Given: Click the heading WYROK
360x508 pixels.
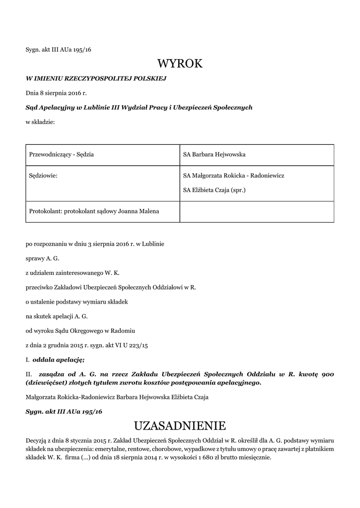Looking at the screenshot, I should coord(180,63).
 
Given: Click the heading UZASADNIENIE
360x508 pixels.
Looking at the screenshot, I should coord(180,426).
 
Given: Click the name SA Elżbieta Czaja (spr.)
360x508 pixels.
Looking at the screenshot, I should coord(215,190).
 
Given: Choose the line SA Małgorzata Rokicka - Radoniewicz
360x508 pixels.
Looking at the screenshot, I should coord(233,176).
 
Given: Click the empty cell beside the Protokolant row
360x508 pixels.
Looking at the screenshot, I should coord(256,211).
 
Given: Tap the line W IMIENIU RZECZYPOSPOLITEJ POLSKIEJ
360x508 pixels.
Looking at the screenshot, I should coord(96,78).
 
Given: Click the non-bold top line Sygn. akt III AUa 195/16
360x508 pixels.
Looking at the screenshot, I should coord(59,50).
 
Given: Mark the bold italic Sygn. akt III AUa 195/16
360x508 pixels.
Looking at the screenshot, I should coord(64,412).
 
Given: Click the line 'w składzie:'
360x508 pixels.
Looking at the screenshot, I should coord(40,121).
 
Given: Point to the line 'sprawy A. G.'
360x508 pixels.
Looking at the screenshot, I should coord(43,258).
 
